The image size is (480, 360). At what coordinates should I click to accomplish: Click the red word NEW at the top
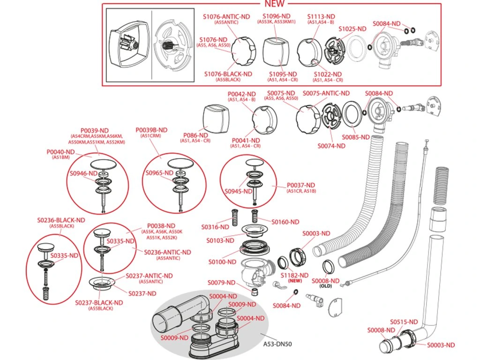[275, 4]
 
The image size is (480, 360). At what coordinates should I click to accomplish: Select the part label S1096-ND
[277, 16]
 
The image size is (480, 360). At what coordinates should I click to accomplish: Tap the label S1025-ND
[352, 29]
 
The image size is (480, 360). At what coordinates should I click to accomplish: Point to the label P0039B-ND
[151, 130]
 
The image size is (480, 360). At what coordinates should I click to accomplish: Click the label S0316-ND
[215, 227]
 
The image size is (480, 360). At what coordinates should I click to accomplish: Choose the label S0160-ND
[285, 222]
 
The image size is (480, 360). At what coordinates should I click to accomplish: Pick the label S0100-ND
[223, 262]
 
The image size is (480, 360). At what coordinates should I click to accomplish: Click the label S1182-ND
[295, 275]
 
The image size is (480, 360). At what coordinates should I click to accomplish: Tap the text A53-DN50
[277, 344]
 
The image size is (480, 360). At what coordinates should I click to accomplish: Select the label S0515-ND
[404, 322]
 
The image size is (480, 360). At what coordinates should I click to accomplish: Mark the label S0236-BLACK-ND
[61, 220]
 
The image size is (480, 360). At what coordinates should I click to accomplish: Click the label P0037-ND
[301, 185]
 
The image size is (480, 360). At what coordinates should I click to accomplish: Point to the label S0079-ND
[222, 283]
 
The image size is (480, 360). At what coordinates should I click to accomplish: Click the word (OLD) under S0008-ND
[325, 286]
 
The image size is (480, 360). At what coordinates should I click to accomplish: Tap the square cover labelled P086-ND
[216, 119]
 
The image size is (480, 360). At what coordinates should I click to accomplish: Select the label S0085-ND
[356, 137]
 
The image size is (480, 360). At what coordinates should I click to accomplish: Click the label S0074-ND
[331, 146]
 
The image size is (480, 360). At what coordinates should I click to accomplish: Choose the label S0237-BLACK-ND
[99, 303]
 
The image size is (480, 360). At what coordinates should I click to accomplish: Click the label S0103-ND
[220, 240]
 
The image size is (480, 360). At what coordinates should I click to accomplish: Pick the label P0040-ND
[60, 152]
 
